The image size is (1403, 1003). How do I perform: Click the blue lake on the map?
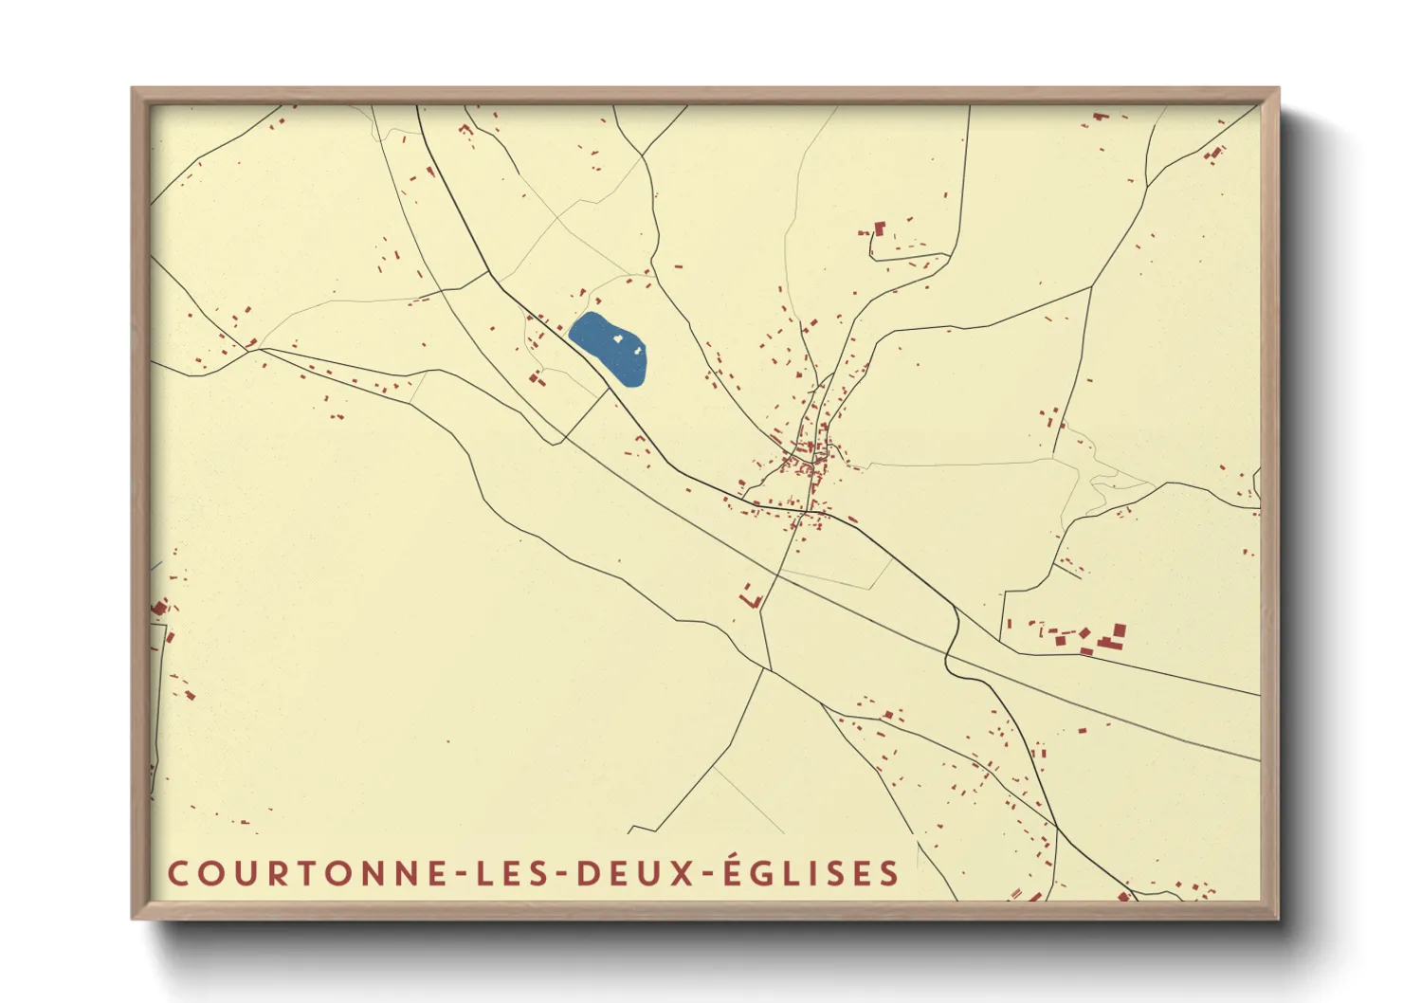click(610, 348)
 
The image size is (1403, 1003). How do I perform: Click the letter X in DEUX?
click(683, 873)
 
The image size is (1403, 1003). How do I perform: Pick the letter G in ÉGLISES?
click(763, 873)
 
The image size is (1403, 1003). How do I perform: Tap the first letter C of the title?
click(177, 873)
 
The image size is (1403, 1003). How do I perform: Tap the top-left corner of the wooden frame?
click(135, 91)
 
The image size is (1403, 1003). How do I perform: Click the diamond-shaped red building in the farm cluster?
click(1084, 632)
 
